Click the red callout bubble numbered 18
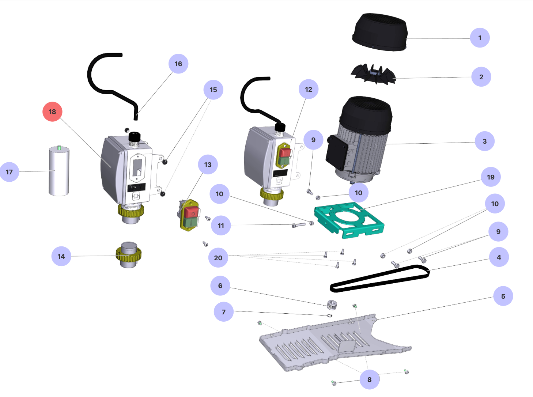click(x=52, y=111)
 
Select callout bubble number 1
click(x=480, y=38)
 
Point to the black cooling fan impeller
click(x=373, y=74)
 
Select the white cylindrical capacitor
click(x=59, y=171)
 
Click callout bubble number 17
click(x=10, y=172)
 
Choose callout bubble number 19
click(x=491, y=177)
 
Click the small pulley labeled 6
click(x=332, y=304)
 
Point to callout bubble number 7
click(x=223, y=312)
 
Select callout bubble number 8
click(x=369, y=379)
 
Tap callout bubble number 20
click(x=218, y=258)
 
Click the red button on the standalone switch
click(x=191, y=212)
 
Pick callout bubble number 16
click(x=178, y=64)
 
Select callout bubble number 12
click(x=309, y=89)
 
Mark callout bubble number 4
click(x=499, y=257)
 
